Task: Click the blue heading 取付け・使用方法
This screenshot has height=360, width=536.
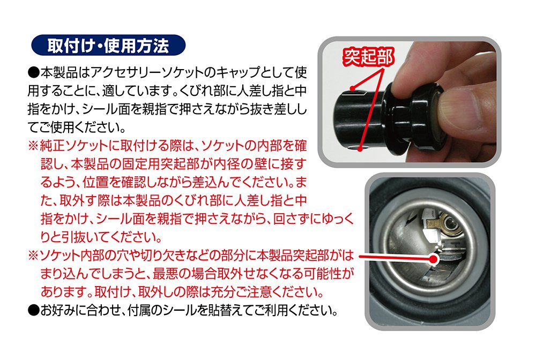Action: tap(108, 45)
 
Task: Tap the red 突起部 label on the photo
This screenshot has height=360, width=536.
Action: tap(368, 57)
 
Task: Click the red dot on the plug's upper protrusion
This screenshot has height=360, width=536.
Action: tap(352, 88)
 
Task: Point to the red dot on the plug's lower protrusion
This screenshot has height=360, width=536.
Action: tap(360, 148)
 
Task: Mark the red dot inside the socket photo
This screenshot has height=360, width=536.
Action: tap(434, 259)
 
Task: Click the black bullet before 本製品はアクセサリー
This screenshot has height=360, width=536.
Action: tap(34, 72)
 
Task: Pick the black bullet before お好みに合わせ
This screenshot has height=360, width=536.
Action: tap(34, 310)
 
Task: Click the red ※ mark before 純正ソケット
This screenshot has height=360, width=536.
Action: tap(34, 146)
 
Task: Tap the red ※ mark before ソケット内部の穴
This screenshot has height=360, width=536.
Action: tap(34, 255)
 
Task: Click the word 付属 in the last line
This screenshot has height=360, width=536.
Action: tap(139, 310)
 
